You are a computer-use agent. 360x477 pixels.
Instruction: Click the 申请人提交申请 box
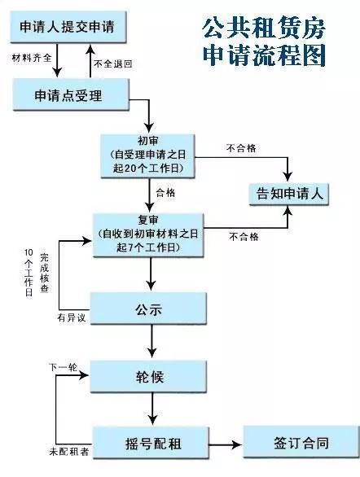(72, 27)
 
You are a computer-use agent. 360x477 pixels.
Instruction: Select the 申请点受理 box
(71, 95)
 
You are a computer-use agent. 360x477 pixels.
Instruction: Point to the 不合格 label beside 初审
(240, 149)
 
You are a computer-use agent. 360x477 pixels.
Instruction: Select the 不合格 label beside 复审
(244, 237)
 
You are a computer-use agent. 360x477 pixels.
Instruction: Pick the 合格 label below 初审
(165, 192)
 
